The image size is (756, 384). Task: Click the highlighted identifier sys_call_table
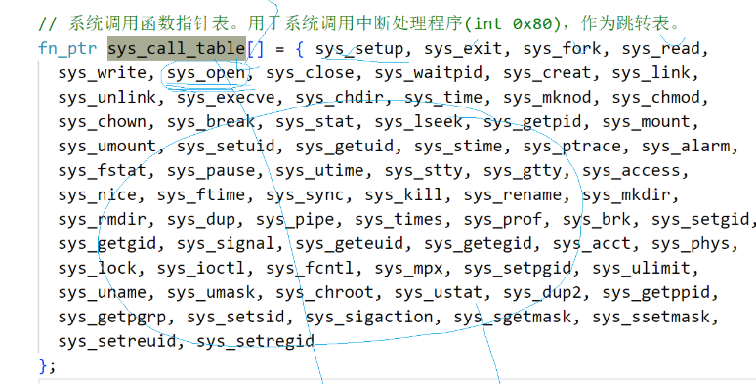click(177, 48)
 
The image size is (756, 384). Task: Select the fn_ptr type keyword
click(67, 48)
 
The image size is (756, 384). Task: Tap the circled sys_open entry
click(206, 73)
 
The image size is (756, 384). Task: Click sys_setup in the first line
click(359, 48)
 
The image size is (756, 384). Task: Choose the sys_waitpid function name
click(429, 73)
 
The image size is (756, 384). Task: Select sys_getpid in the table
click(532, 121)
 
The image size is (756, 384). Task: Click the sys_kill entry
click(403, 194)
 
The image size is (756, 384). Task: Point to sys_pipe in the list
click(295, 220)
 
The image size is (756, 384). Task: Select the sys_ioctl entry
click(201, 269)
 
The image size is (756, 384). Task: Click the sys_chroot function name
click(324, 292)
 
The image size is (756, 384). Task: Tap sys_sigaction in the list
click(369, 317)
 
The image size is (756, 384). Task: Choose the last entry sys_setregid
click(256, 342)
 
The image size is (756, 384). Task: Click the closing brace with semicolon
click(47, 365)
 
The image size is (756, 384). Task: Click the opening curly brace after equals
click(300, 49)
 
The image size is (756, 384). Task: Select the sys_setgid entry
click(700, 220)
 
